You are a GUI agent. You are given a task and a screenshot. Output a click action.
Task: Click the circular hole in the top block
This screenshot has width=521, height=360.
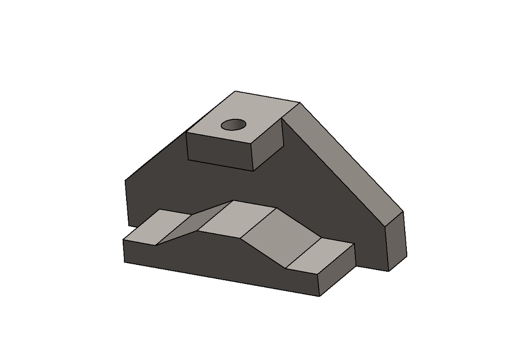(233, 124)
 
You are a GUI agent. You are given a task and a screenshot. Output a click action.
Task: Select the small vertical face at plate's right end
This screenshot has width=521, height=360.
(396, 242)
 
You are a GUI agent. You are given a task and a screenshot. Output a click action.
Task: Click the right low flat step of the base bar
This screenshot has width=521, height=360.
(321, 256)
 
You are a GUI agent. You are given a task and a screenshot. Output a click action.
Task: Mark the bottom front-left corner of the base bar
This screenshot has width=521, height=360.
(124, 262)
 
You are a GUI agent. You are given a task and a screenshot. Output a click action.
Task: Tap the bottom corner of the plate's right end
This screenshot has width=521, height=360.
(389, 271)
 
